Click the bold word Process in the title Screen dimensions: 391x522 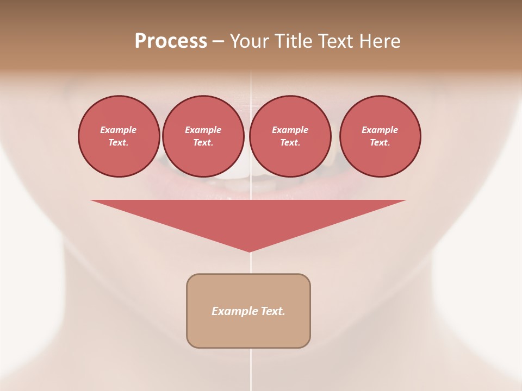point(171,41)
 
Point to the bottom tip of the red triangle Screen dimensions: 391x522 point(250,250)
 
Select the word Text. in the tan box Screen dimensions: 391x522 point(273,311)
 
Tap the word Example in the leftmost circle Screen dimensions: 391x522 point(119,130)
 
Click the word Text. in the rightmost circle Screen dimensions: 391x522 point(380,142)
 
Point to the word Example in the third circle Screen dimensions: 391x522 point(290,130)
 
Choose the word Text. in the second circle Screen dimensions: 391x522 point(203,142)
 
